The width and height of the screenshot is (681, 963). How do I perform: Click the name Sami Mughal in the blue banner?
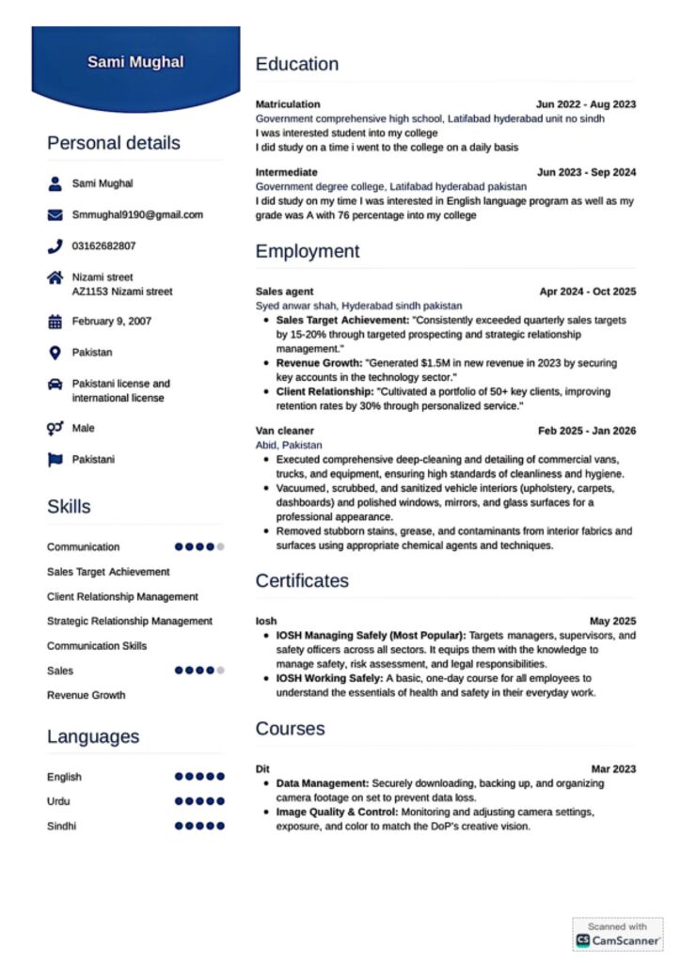coord(135,62)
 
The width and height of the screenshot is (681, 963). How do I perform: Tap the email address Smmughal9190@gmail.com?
coord(137,214)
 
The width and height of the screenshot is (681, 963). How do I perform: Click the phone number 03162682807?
coord(103,246)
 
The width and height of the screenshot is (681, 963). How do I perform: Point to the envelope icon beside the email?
coord(55,214)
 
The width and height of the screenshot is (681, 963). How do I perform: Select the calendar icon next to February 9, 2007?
coord(55,322)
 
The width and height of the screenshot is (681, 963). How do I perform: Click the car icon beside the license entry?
coord(55,385)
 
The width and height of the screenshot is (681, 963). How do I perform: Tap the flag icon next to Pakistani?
coord(55,460)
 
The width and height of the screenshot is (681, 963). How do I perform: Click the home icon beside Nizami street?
coord(55,278)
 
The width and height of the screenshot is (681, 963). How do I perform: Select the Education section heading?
coord(296,64)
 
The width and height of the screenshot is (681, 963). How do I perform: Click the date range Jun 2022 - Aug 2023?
coord(585,104)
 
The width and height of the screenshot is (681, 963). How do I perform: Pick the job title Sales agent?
coord(284,292)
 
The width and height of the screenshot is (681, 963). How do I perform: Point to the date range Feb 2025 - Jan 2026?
coord(586,431)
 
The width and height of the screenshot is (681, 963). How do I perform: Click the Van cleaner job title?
coord(284,431)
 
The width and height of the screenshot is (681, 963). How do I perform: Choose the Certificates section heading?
coord(301,580)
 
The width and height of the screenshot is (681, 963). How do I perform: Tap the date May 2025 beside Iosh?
coord(612,621)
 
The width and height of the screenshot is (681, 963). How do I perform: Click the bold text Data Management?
coord(322,782)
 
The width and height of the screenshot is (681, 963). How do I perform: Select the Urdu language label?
coord(58,801)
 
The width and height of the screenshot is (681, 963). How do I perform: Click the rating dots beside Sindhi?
coord(199,826)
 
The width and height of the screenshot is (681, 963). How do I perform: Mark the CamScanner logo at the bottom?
coord(618,939)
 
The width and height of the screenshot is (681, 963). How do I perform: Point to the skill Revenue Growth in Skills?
coord(86,695)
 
